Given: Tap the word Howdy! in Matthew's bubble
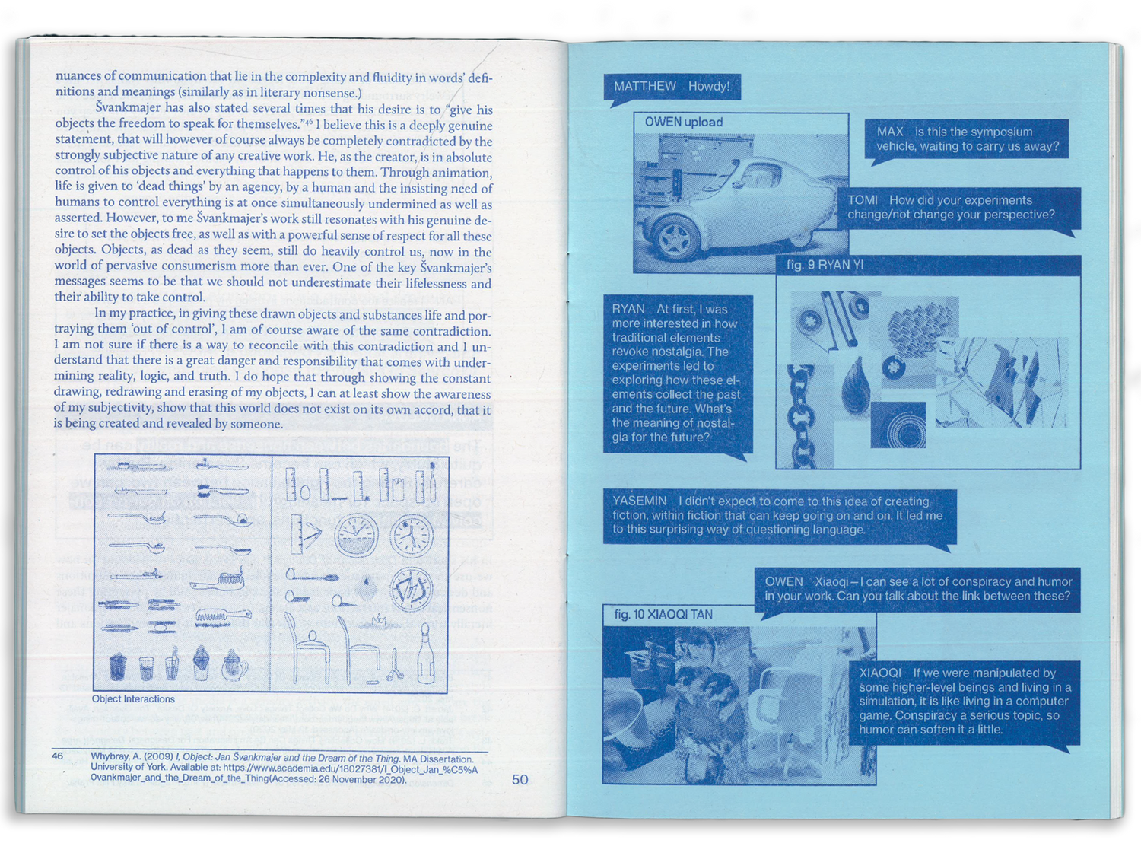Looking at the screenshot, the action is (x=708, y=86).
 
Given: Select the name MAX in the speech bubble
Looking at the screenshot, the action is (x=890, y=132).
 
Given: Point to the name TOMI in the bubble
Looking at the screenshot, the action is (x=863, y=200).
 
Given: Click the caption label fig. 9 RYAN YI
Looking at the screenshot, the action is (x=825, y=265).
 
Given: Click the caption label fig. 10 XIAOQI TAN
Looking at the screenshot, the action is (x=663, y=615).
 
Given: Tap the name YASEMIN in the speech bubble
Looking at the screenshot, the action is (x=640, y=501).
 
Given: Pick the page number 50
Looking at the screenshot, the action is (x=520, y=780).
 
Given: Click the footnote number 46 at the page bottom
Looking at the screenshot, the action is (x=57, y=756).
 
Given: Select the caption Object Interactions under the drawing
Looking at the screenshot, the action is (x=133, y=699).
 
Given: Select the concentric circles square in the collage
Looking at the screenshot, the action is (x=898, y=425).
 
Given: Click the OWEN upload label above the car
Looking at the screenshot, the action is (x=684, y=123).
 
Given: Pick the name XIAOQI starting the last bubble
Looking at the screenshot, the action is (x=881, y=673).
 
